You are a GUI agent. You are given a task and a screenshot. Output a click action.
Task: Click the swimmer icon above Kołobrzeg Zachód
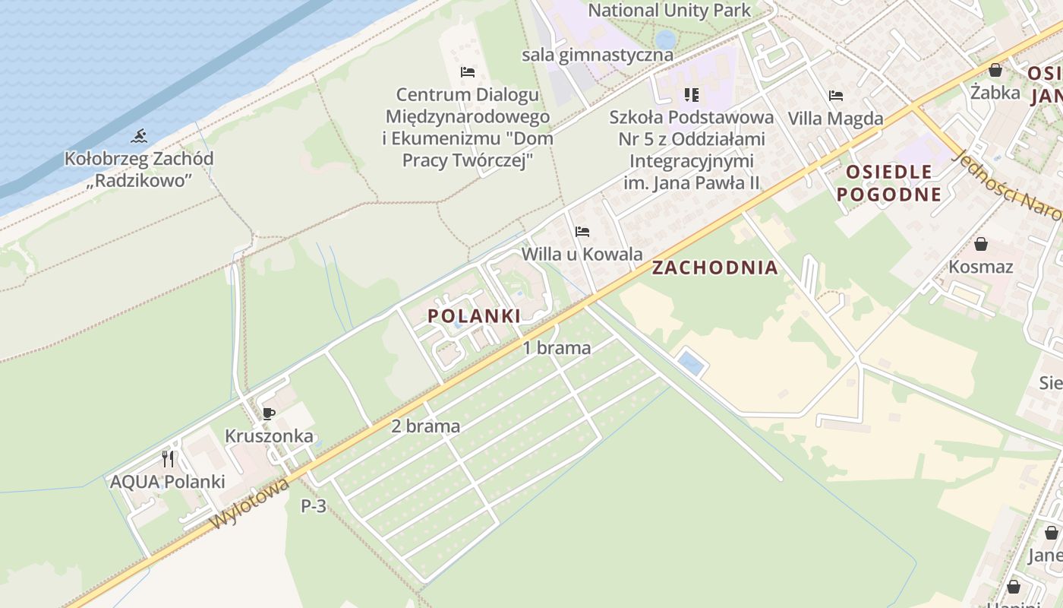coord(138,136)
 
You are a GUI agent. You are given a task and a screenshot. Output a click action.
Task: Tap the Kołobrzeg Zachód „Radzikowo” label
coord(138,169)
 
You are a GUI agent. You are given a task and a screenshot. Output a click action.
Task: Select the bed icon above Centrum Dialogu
coord(468,72)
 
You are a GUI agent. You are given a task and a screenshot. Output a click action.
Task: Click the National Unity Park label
coord(670,11)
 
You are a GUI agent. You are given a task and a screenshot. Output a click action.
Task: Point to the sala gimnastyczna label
coord(598,55)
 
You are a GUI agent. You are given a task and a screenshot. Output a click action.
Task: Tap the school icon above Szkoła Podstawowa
coord(691,94)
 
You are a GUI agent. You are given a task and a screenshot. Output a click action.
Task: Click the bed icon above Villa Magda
coord(836,96)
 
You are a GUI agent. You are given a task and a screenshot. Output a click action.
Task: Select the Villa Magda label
coord(836,119)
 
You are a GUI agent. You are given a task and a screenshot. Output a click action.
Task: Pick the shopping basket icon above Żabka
coord(995,71)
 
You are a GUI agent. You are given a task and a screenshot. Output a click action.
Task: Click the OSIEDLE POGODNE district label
coord(889,182)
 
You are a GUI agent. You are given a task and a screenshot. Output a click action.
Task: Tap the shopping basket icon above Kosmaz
coord(981,244)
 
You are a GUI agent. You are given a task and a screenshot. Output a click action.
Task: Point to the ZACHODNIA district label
coord(715,268)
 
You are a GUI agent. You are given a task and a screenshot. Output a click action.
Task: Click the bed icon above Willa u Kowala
coord(582,231)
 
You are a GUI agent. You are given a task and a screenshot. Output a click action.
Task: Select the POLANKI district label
coord(475,316)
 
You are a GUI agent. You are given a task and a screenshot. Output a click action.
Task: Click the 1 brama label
coord(557,348)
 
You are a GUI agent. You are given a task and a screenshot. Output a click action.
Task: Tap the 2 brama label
coord(425,426)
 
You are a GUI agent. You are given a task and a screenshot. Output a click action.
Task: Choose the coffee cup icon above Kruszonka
coord(268,413)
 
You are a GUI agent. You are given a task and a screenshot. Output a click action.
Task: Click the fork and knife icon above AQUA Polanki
coord(168,459)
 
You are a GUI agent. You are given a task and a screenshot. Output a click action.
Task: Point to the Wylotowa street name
coord(251,503)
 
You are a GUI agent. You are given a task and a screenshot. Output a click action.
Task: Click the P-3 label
coord(314,506)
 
